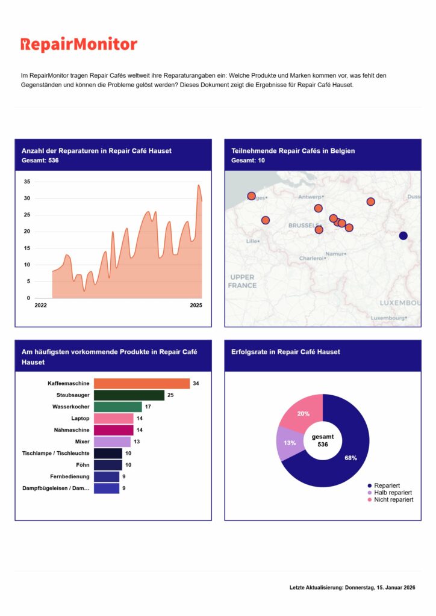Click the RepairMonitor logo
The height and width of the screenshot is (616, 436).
tap(79, 45)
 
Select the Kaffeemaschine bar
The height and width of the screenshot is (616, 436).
tap(142, 383)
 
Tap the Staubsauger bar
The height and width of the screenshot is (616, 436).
tap(129, 395)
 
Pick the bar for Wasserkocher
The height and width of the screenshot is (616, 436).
tap(118, 407)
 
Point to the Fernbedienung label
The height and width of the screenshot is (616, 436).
tap(72, 476)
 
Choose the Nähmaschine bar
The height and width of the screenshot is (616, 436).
tap(114, 430)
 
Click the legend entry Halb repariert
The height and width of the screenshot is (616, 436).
tap(393, 493)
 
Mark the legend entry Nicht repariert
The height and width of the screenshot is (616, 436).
tap(393, 500)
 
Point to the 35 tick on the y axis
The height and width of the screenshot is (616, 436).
tap(26, 182)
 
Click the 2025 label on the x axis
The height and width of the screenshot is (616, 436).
tap(196, 306)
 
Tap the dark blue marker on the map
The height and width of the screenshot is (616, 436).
tap(403, 235)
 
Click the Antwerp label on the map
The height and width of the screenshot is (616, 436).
tap(311, 197)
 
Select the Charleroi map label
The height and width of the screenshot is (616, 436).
tap(311, 259)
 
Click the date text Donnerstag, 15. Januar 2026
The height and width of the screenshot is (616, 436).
tap(380, 587)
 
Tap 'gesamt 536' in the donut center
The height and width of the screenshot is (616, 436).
tap(323, 440)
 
